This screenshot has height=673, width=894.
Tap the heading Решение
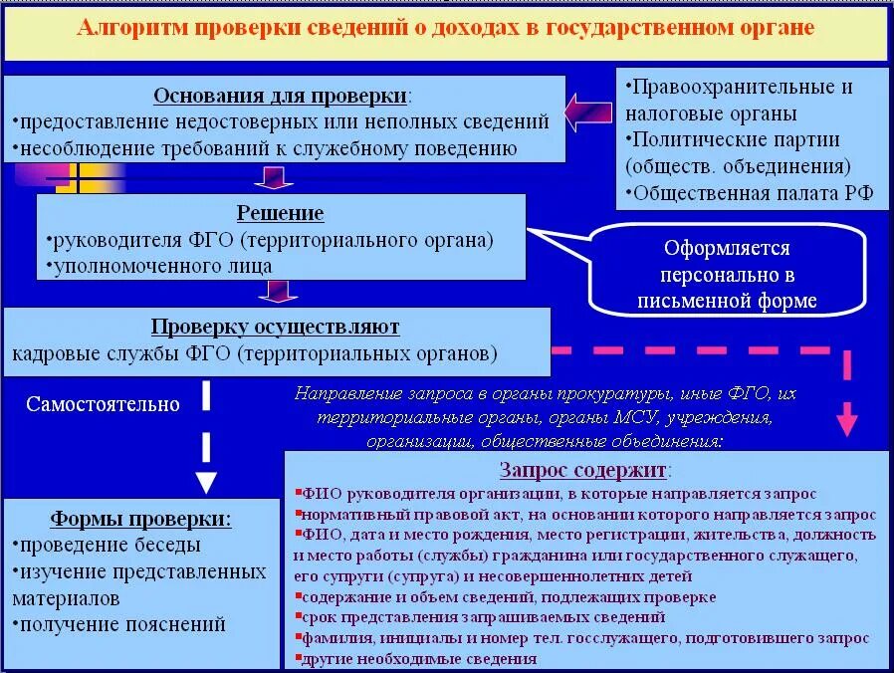280,213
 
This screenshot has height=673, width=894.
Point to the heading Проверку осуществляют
276,327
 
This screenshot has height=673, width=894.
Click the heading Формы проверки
140,519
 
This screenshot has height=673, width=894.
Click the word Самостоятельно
103,404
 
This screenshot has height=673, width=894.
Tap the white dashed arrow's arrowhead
206,482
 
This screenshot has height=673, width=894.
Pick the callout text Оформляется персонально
727,261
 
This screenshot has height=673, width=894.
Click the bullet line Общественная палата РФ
749,192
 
